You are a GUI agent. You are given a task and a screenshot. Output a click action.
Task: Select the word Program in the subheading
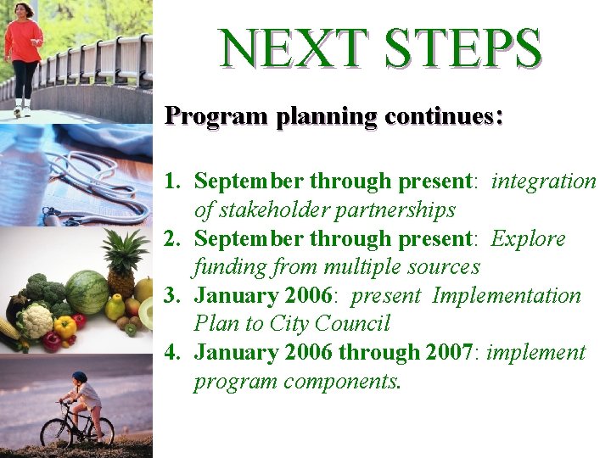[216, 115]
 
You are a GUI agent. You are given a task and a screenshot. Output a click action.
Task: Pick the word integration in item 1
[544, 182]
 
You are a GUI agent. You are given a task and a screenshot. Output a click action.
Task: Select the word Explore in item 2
[528, 239]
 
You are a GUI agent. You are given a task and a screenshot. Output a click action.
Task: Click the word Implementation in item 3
[507, 296]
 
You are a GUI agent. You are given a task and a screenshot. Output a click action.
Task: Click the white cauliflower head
[37, 320]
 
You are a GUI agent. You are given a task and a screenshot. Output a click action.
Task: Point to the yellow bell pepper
[64, 327]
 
